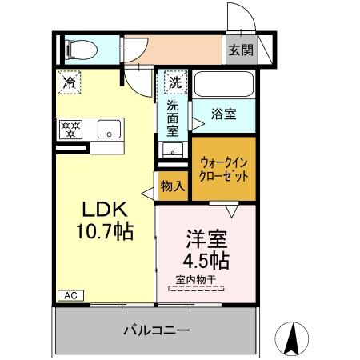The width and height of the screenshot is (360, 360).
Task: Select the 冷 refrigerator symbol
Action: click(x=70, y=82)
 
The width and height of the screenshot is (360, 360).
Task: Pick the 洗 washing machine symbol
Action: click(x=174, y=82)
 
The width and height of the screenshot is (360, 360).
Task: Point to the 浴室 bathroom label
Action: click(x=223, y=114)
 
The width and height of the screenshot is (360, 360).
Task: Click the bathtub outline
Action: click(x=223, y=84)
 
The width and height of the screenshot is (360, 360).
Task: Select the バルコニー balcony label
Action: click(x=156, y=330)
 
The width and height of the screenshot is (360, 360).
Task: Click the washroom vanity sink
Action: click(x=170, y=149)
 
